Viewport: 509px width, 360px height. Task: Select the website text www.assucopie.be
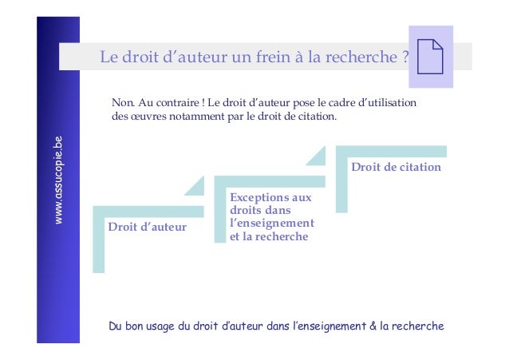pyautogui.click(x=57, y=180)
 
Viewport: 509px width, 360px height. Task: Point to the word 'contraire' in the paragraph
pyautogui.click(x=172, y=103)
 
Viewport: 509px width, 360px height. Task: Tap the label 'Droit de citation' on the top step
pyautogui.click(x=396, y=167)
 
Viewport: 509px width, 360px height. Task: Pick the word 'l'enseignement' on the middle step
pyautogui.click(x=271, y=224)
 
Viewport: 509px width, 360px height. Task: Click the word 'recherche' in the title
pyautogui.click(x=363, y=57)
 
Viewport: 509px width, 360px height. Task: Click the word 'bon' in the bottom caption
pyautogui.click(x=136, y=326)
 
